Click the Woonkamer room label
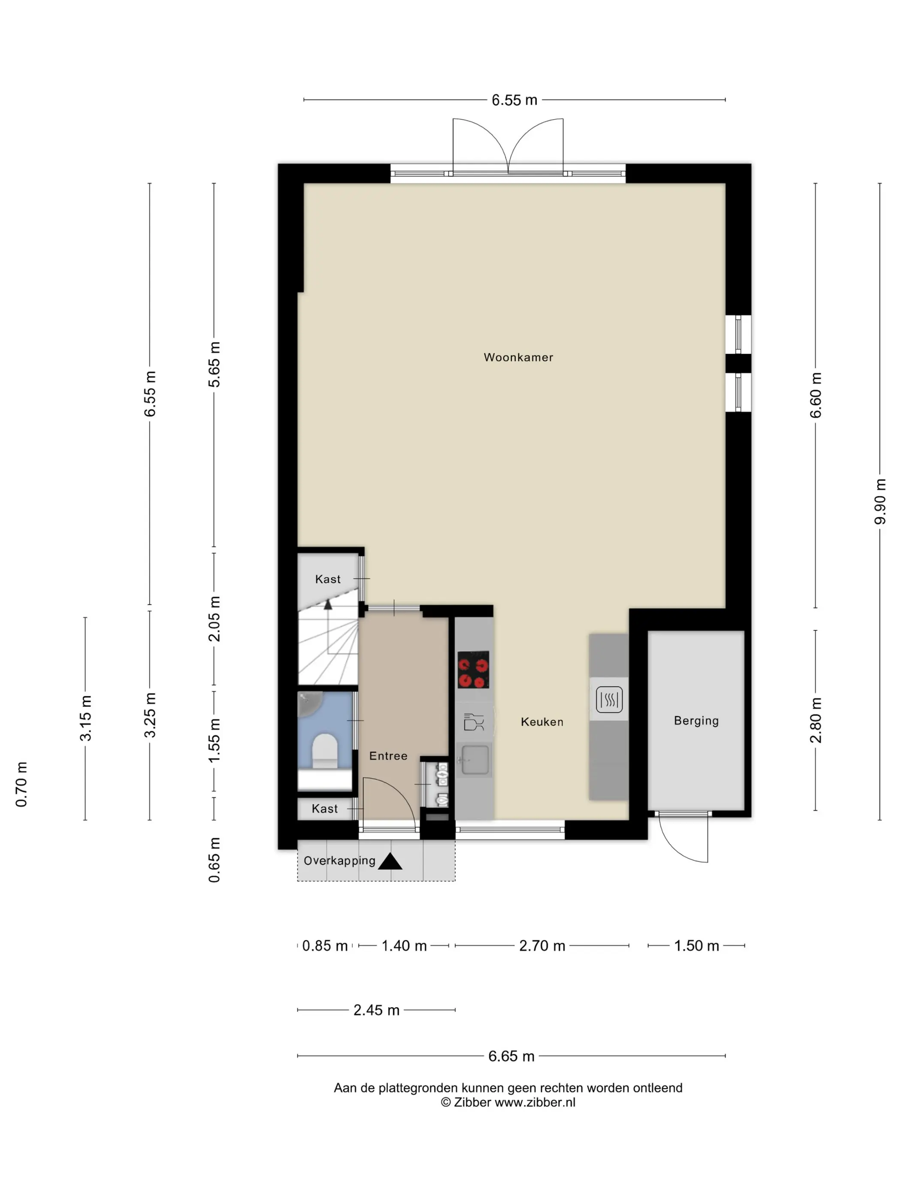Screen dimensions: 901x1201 click(518, 357)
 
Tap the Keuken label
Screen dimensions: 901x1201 click(542, 721)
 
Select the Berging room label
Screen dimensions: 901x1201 click(696, 721)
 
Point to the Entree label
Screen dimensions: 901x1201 click(388, 756)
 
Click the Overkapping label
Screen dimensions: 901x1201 click(339, 860)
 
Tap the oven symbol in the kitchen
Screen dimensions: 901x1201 click(609, 699)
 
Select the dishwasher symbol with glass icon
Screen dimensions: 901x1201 click(474, 721)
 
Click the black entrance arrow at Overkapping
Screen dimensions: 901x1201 click(390, 861)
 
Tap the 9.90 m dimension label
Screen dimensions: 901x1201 click(880, 502)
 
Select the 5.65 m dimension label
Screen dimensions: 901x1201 click(214, 364)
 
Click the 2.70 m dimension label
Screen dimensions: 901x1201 click(542, 946)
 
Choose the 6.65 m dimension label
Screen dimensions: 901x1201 click(511, 1056)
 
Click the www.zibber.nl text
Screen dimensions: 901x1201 click(535, 1102)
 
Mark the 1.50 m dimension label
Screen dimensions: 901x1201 click(696, 946)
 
